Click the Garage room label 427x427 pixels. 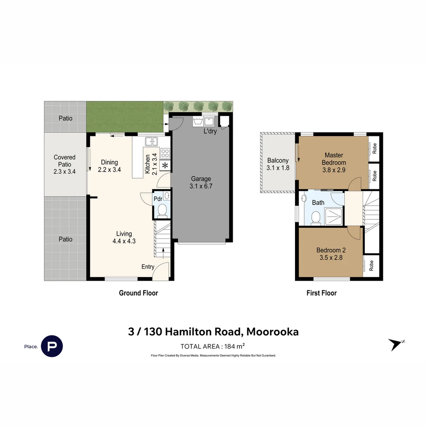(x=201, y=179)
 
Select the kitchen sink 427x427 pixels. (x=151, y=141)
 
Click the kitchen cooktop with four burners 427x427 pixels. (x=165, y=153)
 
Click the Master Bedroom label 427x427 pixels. (x=334, y=159)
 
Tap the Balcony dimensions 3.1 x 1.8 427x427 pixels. (x=278, y=168)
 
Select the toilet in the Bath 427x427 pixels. (x=316, y=217)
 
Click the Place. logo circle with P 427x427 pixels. (x=52, y=346)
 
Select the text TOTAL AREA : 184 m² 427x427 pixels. (x=213, y=346)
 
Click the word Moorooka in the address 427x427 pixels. (x=271, y=331)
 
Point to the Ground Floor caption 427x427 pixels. (x=138, y=293)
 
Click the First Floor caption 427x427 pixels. (x=321, y=293)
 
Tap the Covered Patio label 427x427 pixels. (x=64, y=161)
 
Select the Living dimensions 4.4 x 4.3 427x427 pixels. (x=124, y=241)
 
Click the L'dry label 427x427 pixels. (x=210, y=131)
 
